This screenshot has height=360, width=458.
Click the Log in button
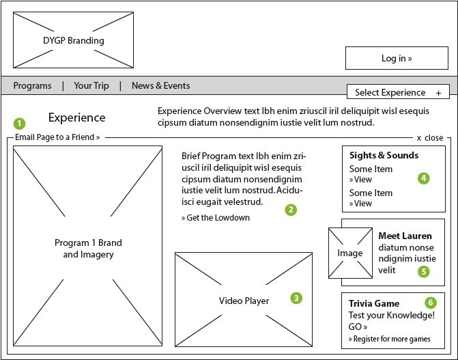coord(396,59)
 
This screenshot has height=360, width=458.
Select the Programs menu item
coord(32,86)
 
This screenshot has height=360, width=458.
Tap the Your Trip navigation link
coord(91,86)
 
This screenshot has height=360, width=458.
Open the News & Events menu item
coord(160,86)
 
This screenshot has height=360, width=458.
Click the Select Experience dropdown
coord(398,92)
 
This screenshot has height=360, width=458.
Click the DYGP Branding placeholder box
coord(73,40)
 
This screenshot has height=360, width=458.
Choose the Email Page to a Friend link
coord(57,137)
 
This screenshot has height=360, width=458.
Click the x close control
coord(430,137)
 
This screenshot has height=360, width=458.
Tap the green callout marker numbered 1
coord(19,124)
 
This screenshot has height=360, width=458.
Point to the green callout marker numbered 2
coord(291,210)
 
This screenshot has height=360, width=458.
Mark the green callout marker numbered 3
coord(296,298)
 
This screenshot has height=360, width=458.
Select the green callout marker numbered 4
coord(424,178)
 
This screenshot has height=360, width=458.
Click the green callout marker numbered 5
coord(424,271)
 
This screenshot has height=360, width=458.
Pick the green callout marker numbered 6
coord(430,302)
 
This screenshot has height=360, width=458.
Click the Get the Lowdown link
coord(216,218)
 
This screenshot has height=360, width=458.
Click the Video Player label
coord(244,301)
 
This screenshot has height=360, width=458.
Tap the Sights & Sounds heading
coord(384,155)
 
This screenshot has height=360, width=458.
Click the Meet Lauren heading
coord(405,236)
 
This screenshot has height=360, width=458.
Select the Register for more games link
coord(389,339)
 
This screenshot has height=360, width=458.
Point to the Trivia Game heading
coord(374,303)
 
